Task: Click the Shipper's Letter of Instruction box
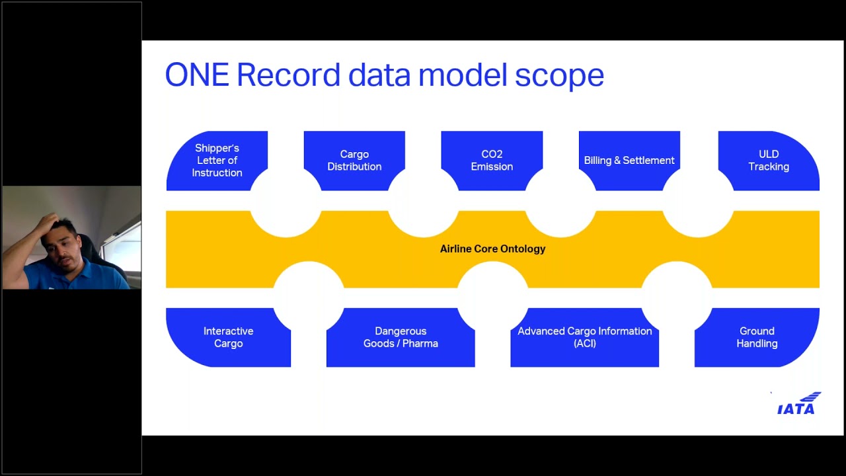click(x=217, y=161)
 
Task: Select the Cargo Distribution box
click(x=354, y=161)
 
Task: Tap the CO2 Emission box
click(x=492, y=161)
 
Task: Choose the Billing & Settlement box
click(x=629, y=161)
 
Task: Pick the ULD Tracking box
click(x=769, y=161)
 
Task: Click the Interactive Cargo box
click(x=229, y=337)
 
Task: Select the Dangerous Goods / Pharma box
click(x=401, y=337)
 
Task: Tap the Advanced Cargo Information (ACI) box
click(x=585, y=337)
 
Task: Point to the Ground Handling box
click(x=757, y=337)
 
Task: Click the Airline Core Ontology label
click(x=492, y=249)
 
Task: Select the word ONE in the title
click(x=197, y=75)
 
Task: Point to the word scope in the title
click(x=560, y=77)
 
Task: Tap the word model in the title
click(x=463, y=75)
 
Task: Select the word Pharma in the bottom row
click(x=420, y=344)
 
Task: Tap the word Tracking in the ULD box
click(x=769, y=167)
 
